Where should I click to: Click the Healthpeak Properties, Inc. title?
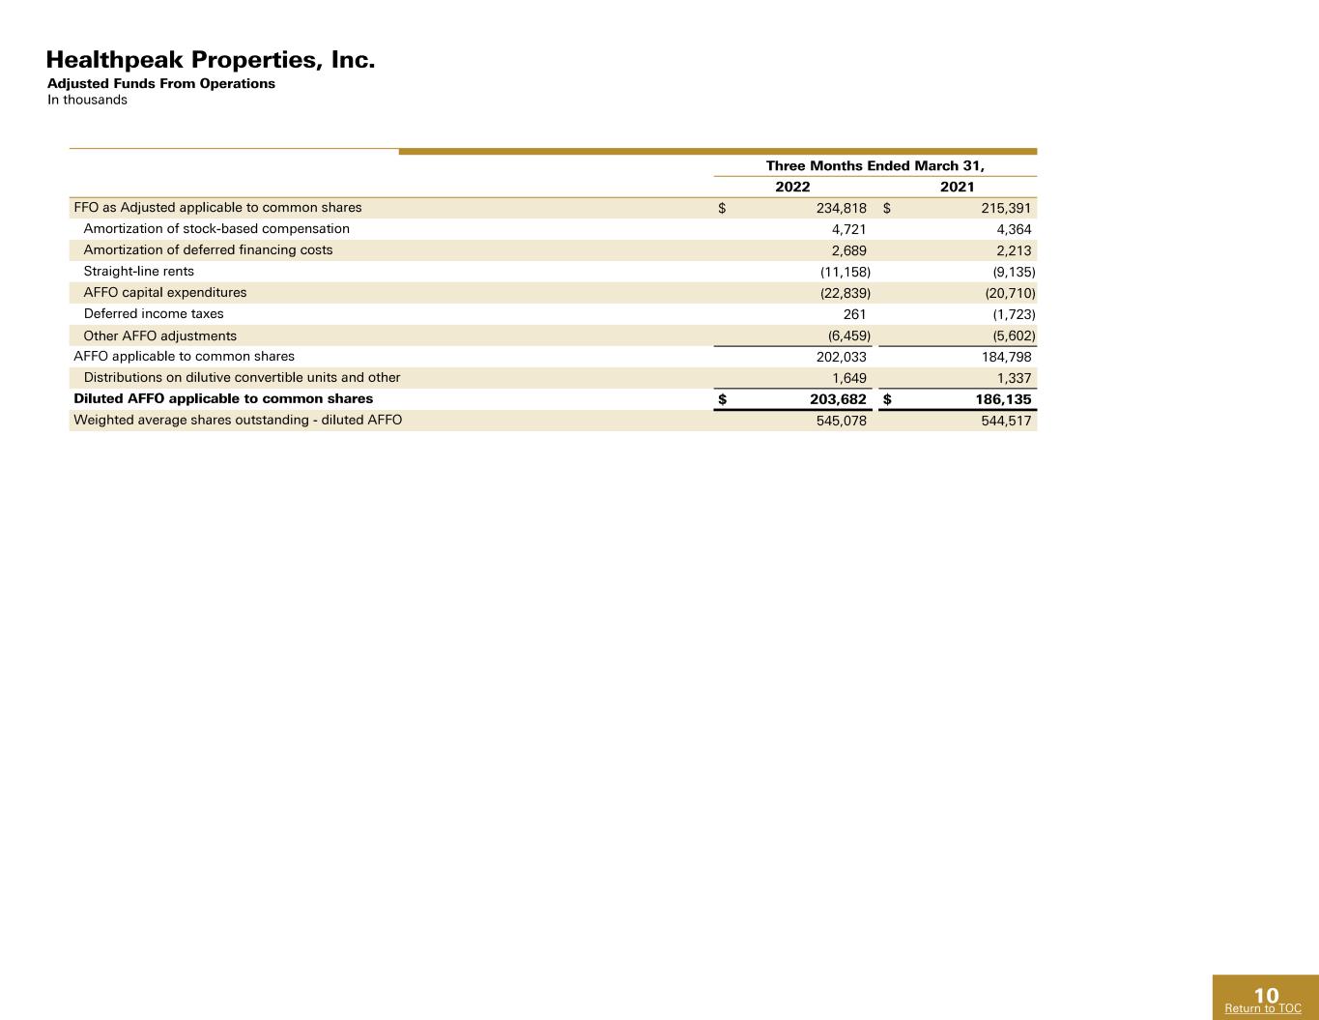pyautogui.click(x=211, y=60)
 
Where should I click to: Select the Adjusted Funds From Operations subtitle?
pyautogui.click(x=160, y=84)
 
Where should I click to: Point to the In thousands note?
pyautogui.click(x=87, y=100)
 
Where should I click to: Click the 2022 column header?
pyautogui.click(x=792, y=187)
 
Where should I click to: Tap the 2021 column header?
pyautogui.click(x=958, y=187)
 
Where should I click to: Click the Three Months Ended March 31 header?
pyautogui.click(x=875, y=165)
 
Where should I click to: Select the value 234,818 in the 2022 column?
pyautogui.click(x=842, y=208)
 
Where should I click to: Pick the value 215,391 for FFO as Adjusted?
pyautogui.click(x=1006, y=208)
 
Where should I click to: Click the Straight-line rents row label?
pyautogui.click(x=139, y=272)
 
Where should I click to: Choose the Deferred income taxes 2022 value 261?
pyautogui.click(x=854, y=314)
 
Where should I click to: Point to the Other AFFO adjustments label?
pyautogui.click(x=160, y=335)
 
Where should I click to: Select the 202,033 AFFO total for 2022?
pyautogui.click(x=842, y=357)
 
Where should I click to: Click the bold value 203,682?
pyautogui.click(x=838, y=399)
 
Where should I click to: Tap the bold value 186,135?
pyautogui.click(x=1003, y=399)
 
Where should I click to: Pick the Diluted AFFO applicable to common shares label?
pyautogui.click(x=223, y=399)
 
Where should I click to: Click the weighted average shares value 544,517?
pyautogui.click(x=1006, y=421)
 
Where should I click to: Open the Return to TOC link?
pyautogui.click(x=1263, y=1008)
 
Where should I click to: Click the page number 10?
pyautogui.click(x=1266, y=995)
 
